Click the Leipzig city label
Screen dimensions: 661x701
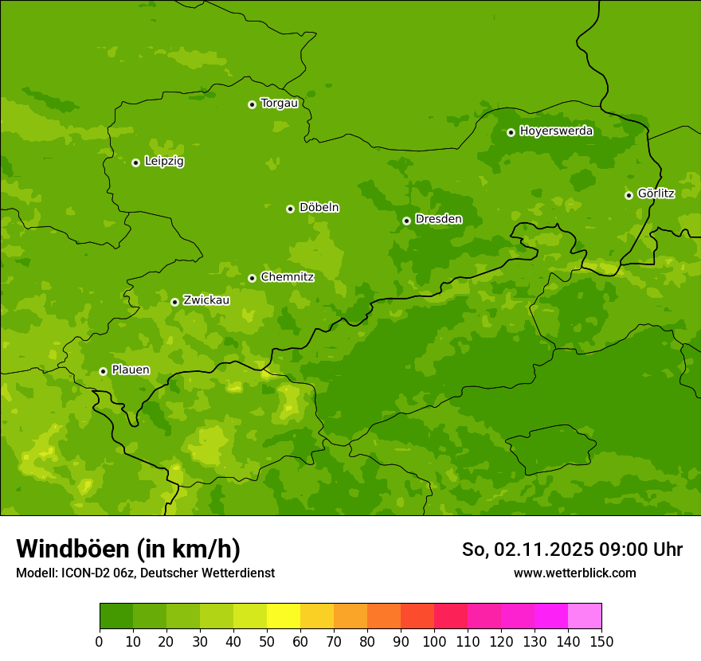click(x=164, y=162)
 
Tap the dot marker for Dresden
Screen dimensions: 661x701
click(x=406, y=221)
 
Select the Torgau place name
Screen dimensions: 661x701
click(x=279, y=104)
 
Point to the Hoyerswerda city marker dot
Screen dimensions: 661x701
click(x=511, y=132)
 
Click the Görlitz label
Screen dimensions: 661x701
click(x=656, y=194)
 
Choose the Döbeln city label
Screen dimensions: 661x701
click(x=319, y=208)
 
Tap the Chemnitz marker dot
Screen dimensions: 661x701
click(x=252, y=278)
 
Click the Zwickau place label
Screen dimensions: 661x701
click(x=206, y=301)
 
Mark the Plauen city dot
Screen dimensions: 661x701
click(x=103, y=371)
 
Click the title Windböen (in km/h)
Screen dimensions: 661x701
click(x=128, y=549)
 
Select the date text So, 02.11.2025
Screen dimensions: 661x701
click(x=527, y=550)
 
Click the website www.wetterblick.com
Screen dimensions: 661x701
click(x=574, y=573)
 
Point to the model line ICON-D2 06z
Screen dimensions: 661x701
click(x=145, y=573)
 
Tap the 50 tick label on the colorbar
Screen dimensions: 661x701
click(x=267, y=641)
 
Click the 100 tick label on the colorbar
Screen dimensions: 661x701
click(x=434, y=641)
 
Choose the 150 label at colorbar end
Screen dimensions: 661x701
click(x=601, y=641)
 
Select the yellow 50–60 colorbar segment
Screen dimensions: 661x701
click(x=284, y=616)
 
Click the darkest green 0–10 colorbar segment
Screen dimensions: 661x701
click(x=116, y=616)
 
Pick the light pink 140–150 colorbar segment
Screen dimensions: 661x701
click(x=585, y=616)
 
